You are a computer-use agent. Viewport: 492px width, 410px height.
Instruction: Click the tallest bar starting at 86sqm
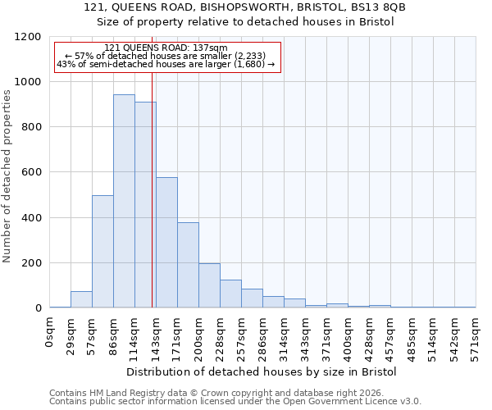124,201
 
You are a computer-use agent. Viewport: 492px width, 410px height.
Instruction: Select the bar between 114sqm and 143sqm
145,205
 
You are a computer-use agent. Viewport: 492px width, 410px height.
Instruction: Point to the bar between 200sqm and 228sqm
209,285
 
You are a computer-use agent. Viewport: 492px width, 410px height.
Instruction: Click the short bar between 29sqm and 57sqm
81,299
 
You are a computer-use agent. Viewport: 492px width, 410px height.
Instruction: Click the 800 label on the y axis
32,127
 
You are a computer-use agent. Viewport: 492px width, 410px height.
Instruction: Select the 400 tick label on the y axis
32,218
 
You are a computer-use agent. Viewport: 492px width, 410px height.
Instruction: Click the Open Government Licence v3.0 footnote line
235,401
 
